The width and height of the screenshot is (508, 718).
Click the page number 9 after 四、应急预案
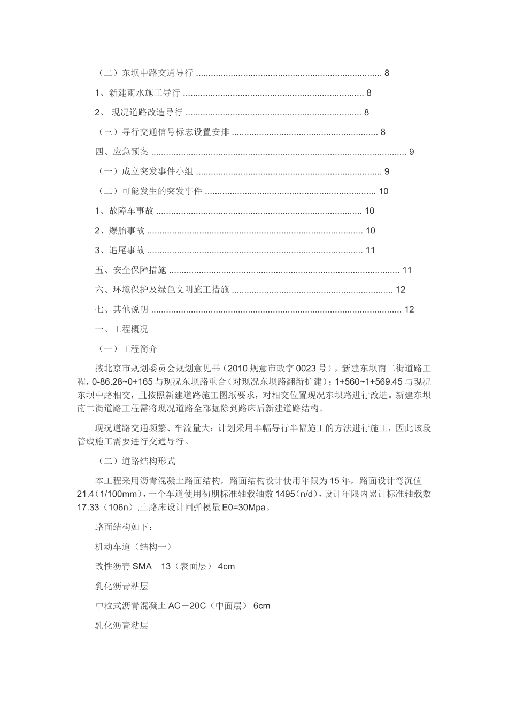[412, 152]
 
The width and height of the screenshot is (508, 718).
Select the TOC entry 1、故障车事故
[125, 211]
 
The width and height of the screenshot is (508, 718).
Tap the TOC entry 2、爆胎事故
[120, 231]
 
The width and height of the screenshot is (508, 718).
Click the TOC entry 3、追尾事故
[120, 251]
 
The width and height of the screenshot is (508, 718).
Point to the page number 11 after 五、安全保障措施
[407, 270]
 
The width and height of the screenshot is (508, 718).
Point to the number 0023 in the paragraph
[306, 369]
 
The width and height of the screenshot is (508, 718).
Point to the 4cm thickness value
[227, 567]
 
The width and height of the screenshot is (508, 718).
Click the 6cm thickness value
[261, 606]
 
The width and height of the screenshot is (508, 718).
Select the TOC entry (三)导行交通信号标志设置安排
[164, 132]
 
